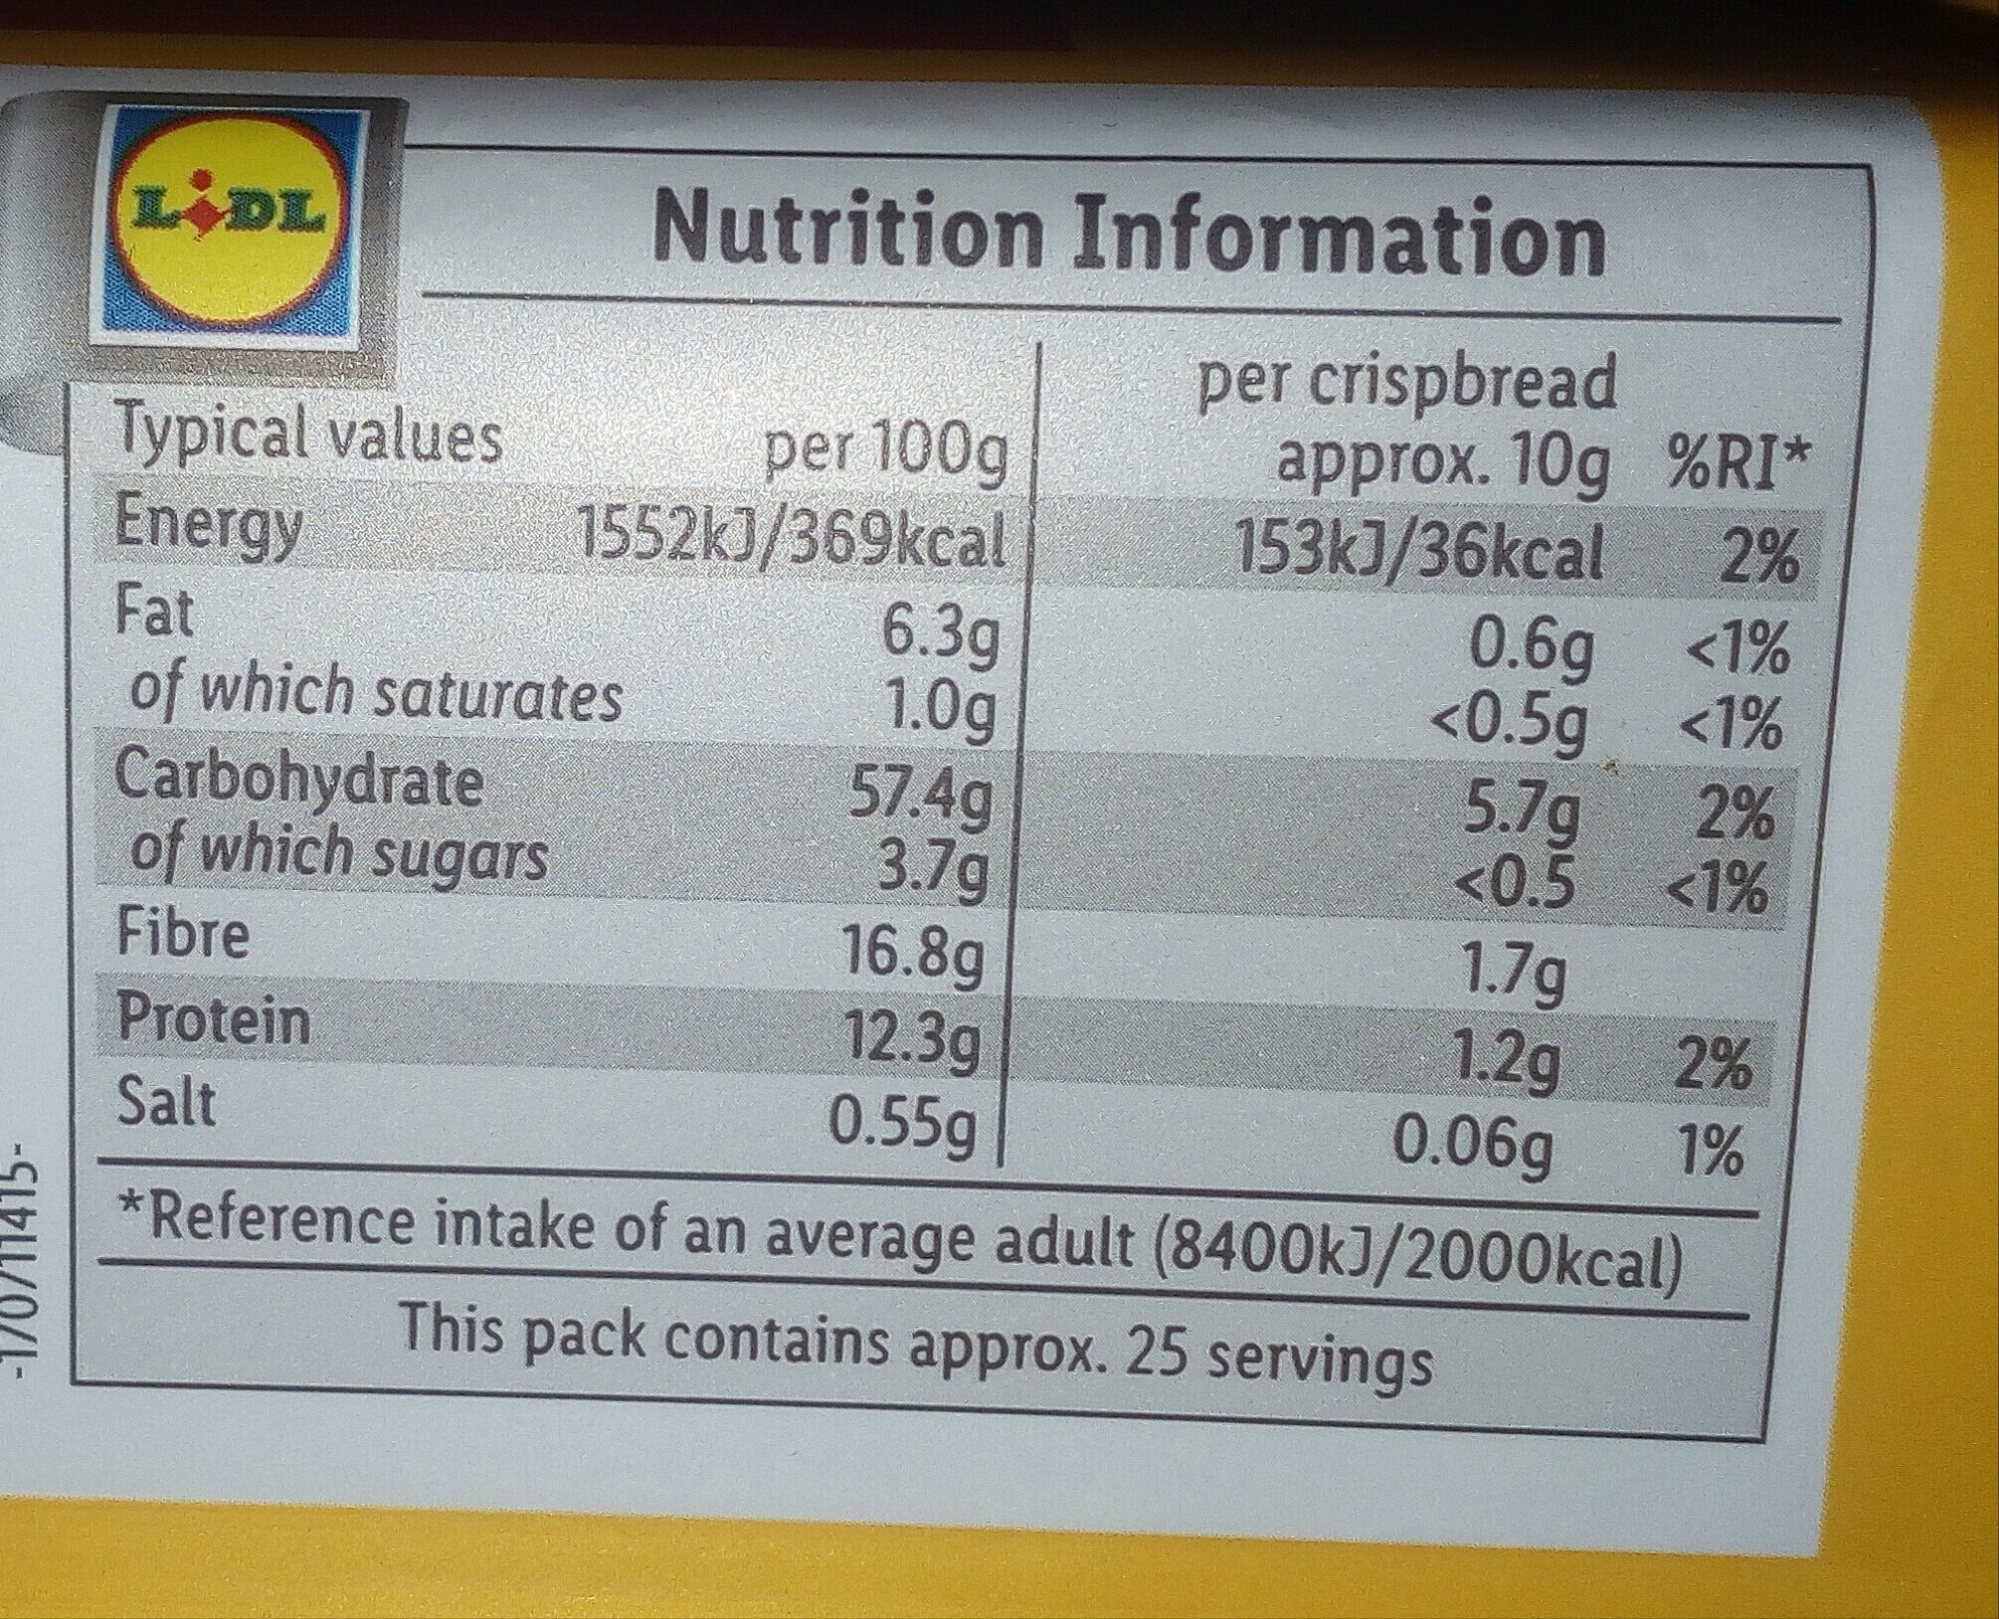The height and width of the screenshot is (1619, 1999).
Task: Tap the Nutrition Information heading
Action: (x=1129, y=236)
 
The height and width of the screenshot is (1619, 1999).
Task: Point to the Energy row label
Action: (x=208, y=524)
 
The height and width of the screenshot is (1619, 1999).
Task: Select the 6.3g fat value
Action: (x=941, y=637)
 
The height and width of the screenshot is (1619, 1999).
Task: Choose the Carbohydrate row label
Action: (x=299, y=779)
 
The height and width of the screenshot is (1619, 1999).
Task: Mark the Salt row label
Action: (x=165, y=1103)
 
